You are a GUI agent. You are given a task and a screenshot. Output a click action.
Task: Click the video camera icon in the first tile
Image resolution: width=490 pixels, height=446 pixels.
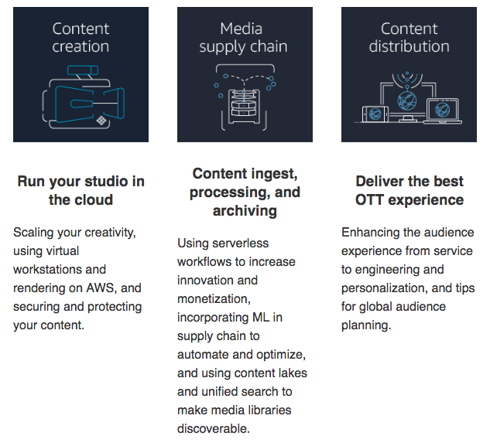pos(81,98)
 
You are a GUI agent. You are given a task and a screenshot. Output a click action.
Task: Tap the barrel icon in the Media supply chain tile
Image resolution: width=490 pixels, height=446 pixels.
pos(244,100)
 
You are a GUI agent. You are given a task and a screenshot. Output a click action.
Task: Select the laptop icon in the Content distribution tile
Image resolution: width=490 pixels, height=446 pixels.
pos(443,111)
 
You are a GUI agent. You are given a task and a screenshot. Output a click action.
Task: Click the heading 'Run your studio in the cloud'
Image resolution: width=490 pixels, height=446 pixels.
pos(81,191)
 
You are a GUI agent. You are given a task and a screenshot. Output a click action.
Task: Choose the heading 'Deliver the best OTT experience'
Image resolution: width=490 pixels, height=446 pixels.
pos(409,191)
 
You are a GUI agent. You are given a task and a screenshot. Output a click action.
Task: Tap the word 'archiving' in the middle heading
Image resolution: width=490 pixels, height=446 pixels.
pos(245,211)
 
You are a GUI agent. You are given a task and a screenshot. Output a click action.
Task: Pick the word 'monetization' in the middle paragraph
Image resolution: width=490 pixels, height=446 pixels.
pos(214,298)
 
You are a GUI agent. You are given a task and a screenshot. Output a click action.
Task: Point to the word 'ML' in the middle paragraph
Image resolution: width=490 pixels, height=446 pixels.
pos(277,317)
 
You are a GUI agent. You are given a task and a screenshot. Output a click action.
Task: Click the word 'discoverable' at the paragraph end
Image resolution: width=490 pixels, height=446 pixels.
pos(214,427)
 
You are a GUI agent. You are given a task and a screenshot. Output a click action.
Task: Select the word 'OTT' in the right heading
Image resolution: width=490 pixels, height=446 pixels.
pos(369,200)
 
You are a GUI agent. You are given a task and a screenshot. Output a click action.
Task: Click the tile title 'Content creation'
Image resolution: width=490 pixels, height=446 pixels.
pos(81,38)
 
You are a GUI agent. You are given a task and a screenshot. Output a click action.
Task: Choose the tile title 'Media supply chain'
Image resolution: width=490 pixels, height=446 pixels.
pos(245,38)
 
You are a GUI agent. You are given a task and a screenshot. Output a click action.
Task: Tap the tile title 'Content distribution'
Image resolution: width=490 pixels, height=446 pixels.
pos(409,38)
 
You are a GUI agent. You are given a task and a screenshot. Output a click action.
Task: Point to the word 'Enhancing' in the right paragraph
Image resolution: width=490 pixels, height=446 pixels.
pos(372,233)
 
